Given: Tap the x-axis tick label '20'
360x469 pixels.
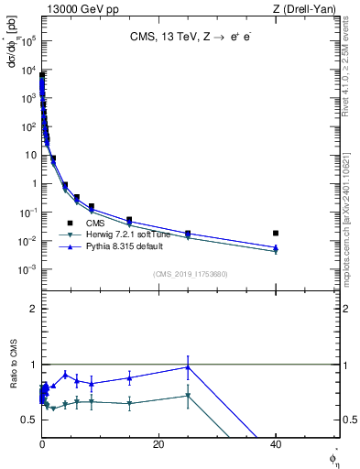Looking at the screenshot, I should point(158,444).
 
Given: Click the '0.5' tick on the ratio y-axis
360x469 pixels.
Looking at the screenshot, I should point(28,420).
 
